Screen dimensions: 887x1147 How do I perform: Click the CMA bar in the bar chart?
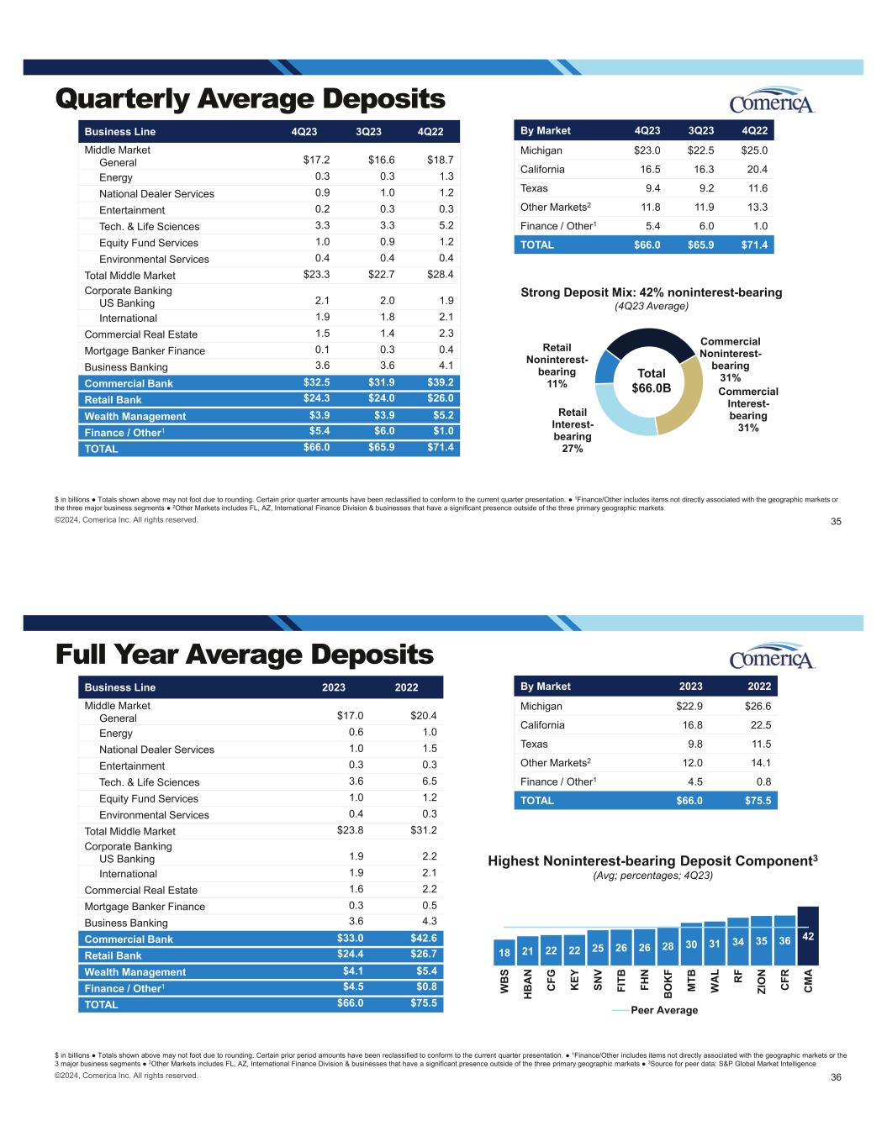tap(808, 935)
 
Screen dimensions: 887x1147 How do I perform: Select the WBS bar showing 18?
tap(504, 952)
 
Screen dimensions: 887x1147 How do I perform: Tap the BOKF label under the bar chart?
tap(668, 984)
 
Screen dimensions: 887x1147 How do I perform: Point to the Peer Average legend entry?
tap(655, 1010)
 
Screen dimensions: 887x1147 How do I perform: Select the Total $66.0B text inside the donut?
tap(651, 381)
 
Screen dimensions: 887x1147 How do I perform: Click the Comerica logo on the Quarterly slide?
tap(772, 100)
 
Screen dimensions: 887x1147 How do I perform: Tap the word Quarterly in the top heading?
tap(122, 99)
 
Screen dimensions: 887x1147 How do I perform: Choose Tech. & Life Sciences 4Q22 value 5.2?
tap(446, 225)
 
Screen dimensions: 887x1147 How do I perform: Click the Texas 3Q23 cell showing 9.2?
tap(706, 188)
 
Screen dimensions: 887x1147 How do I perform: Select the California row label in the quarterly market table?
tap(542, 170)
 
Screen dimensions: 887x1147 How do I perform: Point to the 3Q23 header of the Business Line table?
tap(368, 131)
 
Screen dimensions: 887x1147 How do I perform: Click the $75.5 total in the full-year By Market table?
tap(758, 800)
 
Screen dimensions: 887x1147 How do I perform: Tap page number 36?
tap(836, 1076)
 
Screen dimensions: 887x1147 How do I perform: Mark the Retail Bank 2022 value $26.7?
tap(424, 954)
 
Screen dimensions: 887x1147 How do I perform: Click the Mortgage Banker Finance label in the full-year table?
tap(145, 907)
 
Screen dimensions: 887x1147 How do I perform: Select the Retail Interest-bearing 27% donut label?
tap(573, 430)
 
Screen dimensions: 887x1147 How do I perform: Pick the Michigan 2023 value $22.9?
tap(689, 706)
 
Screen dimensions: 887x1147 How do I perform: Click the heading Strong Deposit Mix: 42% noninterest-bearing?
tap(651, 292)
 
